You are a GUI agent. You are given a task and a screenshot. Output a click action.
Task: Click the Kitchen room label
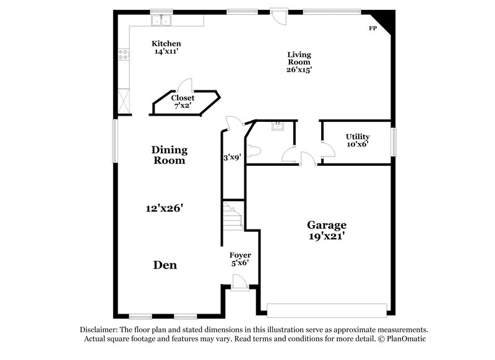166,43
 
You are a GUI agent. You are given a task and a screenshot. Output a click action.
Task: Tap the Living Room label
299,58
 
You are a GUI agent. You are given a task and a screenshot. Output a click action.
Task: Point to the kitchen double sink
162,21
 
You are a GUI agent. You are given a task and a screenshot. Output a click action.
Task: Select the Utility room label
357,137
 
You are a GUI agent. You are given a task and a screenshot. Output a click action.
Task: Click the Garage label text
327,225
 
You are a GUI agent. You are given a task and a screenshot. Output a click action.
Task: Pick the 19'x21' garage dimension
327,236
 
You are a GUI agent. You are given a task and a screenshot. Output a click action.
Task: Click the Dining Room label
169,155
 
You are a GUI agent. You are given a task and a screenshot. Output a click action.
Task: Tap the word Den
165,265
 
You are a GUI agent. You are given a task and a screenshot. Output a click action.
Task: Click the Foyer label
240,255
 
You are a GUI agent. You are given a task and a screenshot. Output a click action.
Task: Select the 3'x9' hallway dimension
232,157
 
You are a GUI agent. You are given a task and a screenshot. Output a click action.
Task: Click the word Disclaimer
100,330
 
